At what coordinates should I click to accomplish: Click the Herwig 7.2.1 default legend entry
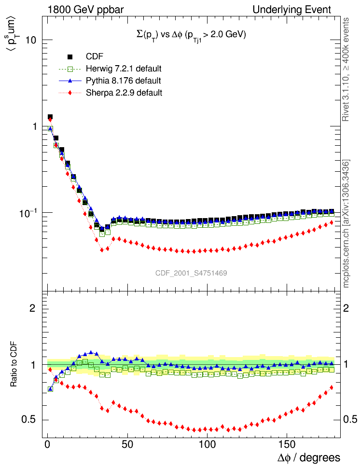click(x=123, y=68)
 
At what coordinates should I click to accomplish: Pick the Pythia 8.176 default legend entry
click(x=123, y=80)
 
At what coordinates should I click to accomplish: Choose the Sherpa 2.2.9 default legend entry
click(x=124, y=92)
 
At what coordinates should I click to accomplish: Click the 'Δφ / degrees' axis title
click(x=308, y=457)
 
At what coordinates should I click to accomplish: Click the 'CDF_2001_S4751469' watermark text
click(x=191, y=273)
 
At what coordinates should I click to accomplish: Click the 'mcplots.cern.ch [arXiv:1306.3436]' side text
click(x=346, y=223)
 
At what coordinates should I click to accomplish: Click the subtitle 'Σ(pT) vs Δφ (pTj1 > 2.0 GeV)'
click(x=191, y=35)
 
